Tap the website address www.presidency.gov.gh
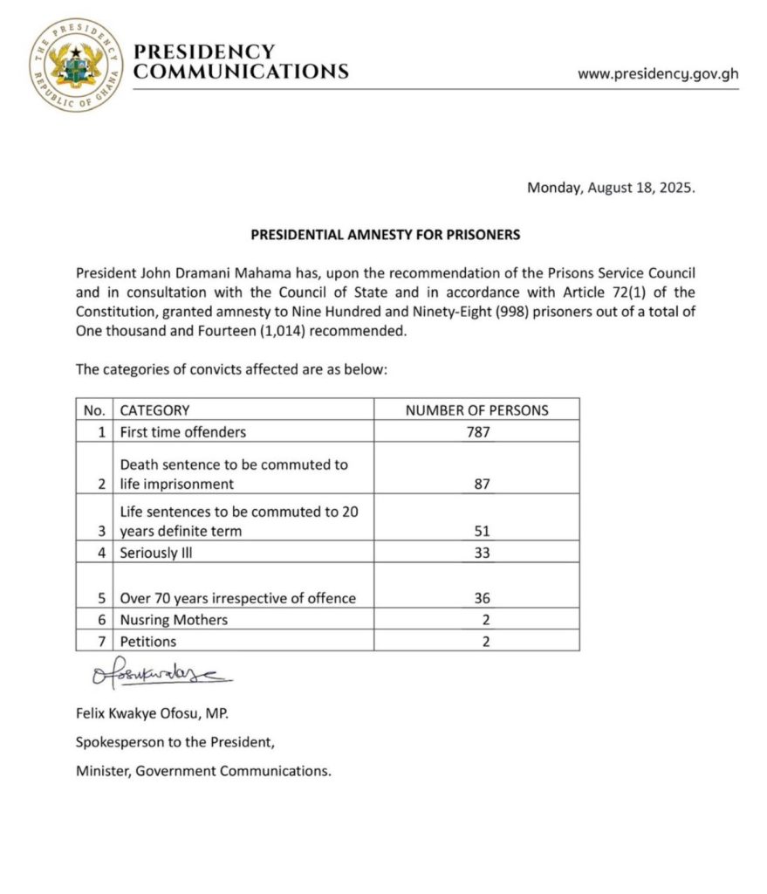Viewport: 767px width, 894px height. (657, 74)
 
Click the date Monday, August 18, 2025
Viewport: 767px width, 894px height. (611, 188)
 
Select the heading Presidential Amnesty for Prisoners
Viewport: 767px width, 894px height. (385, 235)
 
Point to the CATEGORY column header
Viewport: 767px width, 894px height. (154, 409)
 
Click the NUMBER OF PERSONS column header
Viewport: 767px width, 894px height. (476, 409)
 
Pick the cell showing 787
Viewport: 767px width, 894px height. (476, 431)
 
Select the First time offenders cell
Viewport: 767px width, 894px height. (183, 431)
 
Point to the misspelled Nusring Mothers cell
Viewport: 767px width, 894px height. (174, 619)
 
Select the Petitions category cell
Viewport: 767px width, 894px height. (148, 641)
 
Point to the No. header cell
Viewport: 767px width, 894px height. (94, 409)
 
